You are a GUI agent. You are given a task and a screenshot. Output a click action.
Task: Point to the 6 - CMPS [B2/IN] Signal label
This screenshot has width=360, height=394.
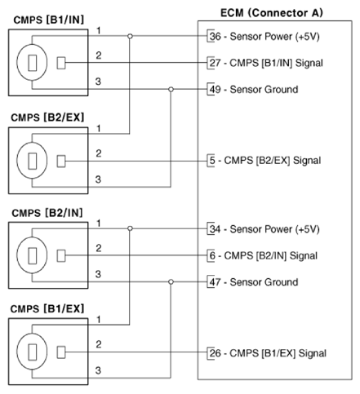pyautogui.click(x=264, y=255)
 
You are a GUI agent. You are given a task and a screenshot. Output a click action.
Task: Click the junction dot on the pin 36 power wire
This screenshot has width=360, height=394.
pyautogui.click(x=131, y=36)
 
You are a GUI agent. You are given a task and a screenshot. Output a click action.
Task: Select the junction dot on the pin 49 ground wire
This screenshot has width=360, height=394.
pyautogui.click(x=170, y=88)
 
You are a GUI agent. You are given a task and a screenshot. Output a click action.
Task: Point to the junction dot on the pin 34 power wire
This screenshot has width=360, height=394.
pyautogui.click(x=131, y=229)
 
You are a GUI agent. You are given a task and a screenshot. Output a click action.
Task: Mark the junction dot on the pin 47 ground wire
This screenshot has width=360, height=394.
pyautogui.click(x=170, y=281)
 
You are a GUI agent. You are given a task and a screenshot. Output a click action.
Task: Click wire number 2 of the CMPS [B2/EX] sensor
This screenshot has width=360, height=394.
pyautogui.click(x=98, y=153)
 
